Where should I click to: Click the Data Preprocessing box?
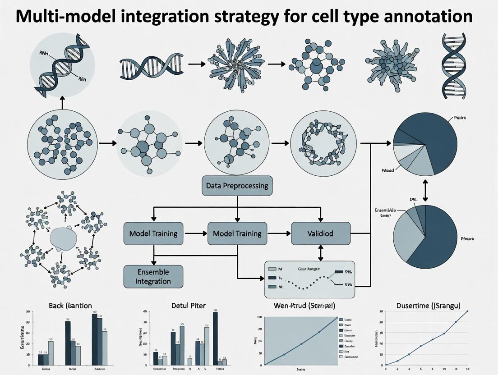click(x=237, y=186)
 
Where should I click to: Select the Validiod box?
click(x=321, y=233)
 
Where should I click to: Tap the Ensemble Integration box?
click(x=153, y=276)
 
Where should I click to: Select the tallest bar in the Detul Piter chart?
click(x=215, y=338)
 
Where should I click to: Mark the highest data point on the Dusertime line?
click(x=467, y=311)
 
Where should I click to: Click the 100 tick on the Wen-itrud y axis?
click(x=259, y=318)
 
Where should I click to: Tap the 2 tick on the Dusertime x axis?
click(x=397, y=369)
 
